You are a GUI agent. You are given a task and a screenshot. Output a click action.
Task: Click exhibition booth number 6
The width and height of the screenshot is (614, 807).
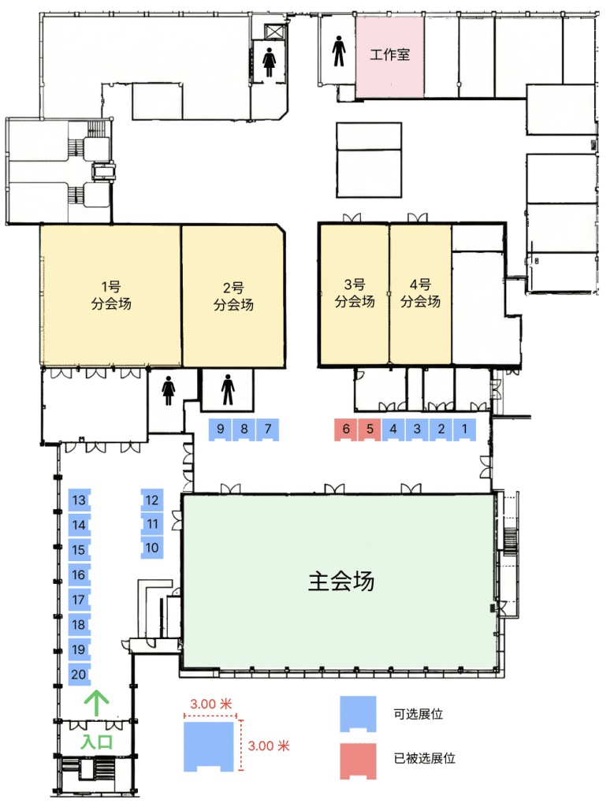[346, 430]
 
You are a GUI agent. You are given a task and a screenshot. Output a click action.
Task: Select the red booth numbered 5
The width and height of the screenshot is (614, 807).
[370, 430]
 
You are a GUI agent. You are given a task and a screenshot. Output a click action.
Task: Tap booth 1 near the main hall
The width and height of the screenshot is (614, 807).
[464, 430]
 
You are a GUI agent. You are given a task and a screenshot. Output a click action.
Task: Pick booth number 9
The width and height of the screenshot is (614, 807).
[220, 430]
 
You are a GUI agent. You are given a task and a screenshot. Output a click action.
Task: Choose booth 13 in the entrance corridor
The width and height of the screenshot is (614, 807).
[80, 500]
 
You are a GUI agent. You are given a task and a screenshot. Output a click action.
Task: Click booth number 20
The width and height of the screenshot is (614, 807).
[80, 675]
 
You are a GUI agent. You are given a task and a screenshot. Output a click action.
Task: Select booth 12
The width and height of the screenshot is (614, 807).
[152, 500]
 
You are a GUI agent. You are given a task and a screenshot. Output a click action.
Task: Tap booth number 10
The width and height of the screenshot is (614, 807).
[152, 548]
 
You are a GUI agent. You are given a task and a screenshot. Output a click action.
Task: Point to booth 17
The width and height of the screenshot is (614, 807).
[80, 600]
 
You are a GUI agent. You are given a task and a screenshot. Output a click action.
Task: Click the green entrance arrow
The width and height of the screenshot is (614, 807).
[97, 704]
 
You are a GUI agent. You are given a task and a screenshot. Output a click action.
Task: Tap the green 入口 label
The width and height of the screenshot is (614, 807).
[97, 742]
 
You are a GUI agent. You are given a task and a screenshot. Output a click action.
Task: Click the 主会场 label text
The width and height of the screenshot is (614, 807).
[340, 581]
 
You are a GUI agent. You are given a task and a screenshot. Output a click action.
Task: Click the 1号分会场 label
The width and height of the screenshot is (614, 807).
[111, 296]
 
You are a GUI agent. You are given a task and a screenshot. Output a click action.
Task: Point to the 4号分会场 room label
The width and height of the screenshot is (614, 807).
[420, 293]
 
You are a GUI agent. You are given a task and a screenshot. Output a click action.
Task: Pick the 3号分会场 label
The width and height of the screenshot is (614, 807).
[355, 293]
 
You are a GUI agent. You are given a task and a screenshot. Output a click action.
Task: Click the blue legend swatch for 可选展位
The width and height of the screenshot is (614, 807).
[358, 714]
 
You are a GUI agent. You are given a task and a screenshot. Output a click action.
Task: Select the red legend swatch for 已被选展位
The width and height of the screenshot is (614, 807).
[358, 761]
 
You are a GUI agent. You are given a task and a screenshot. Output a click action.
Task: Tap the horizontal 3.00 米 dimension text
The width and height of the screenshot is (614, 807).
[211, 704]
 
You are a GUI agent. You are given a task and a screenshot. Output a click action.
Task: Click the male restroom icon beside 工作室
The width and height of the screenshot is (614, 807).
[339, 51]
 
